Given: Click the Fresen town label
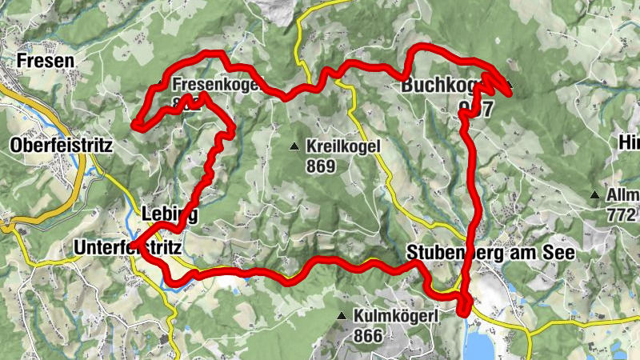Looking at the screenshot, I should [46, 60].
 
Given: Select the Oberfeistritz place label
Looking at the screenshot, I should [62, 146].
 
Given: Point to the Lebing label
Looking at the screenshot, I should [169, 214].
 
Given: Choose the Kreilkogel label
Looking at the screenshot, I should [342, 148].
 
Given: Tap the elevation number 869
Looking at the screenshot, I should [319, 167].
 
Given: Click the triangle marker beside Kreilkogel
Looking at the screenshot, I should [294, 146].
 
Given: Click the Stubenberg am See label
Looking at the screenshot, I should [490, 253].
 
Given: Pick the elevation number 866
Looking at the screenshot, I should [367, 336].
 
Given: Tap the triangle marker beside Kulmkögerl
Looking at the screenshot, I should [342, 317].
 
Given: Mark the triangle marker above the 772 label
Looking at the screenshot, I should [594, 194].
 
